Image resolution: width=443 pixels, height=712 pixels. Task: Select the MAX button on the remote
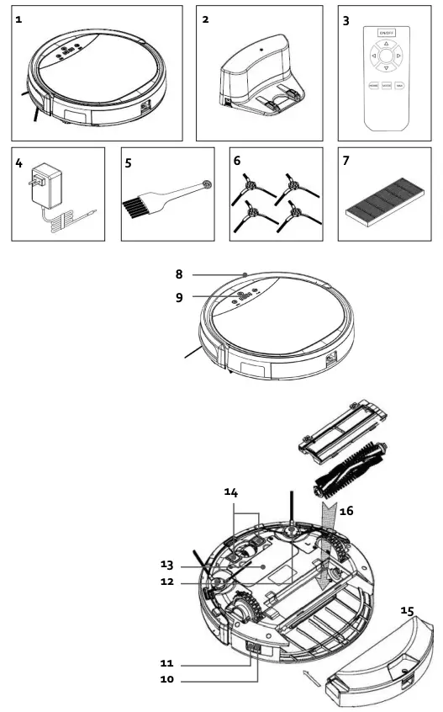[400, 85]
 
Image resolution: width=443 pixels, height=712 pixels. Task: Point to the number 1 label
[18, 18]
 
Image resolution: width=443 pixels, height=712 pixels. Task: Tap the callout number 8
[179, 274]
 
